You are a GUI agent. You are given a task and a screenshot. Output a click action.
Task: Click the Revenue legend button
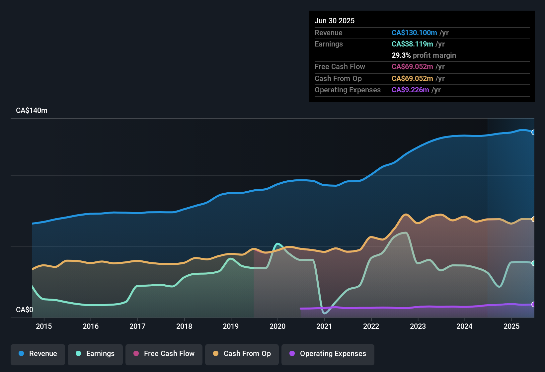[x=38, y=354]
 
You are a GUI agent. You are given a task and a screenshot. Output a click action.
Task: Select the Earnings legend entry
[x=95, y=354]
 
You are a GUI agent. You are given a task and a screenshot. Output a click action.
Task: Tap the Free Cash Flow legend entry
[x=164, y=354]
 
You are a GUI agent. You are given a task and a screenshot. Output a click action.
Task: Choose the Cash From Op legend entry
[x=242, y=354]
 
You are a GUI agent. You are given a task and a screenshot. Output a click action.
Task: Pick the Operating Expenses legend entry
[x=328, y=354]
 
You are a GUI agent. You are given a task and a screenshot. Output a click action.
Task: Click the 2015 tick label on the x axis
[x=44, y=326]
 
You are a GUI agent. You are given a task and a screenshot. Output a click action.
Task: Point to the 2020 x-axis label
[x=277, y=326]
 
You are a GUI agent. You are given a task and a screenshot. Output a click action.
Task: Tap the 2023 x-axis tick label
[x=418, y=326]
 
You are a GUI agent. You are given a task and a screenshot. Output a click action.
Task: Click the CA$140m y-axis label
[x=32, y=111]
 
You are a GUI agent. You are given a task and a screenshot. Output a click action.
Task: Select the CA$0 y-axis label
[x=25, y=310]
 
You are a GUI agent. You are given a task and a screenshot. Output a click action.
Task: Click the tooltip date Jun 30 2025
[x=335, y=21]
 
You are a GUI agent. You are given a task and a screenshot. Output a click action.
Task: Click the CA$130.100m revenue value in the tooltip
[x=414, y=33]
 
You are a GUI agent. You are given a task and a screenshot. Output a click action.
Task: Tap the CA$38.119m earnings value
[x=412, y=44]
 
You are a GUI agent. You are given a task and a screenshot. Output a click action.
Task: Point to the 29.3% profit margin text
[x=424, y=55]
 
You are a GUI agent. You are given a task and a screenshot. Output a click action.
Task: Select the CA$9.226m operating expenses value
[x=410, y=90]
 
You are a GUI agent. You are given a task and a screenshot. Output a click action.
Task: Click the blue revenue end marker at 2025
[x=533, y=132]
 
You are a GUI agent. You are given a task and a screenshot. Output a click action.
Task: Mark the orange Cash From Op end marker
[x=533, y=219]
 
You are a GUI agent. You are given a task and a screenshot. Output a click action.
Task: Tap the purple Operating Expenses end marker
[x=533, y=304]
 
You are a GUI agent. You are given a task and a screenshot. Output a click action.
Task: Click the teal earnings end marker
[x=533, y=263]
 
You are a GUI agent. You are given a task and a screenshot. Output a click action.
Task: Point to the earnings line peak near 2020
[x=277, y=244]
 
